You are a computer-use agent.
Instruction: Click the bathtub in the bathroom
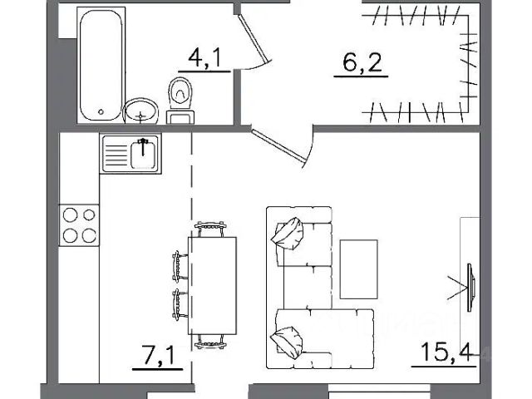click(x=101, y=65)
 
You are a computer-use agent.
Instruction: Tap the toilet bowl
click(x=180, y=93)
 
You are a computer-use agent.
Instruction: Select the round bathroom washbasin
click(x=140, y=111)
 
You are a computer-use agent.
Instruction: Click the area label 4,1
click(x=204, y=57)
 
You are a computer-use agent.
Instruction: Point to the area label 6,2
click(x=362, y=63)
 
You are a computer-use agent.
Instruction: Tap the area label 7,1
click(x=159, y=355)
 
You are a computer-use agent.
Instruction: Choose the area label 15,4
click(x=446, y=352)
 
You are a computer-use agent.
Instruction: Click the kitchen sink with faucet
click(x=131, y=153)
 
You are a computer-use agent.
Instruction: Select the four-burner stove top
click(x=80, y=225)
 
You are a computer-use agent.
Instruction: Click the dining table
click(x=213, y=286)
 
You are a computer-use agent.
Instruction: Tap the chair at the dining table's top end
click(x=210, y=229)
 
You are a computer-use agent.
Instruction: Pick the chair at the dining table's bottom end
click(x=210, y=342)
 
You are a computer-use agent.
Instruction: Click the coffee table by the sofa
click(x=359, y=269)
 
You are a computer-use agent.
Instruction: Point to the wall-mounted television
click(x=471, y=288)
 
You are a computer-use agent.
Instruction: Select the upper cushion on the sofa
click(x=288, y=234)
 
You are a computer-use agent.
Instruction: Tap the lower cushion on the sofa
click(x=287, y=342)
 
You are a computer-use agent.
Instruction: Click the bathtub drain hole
click(x=101, y=111)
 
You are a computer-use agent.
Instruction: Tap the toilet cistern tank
click(x=180, y=117)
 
